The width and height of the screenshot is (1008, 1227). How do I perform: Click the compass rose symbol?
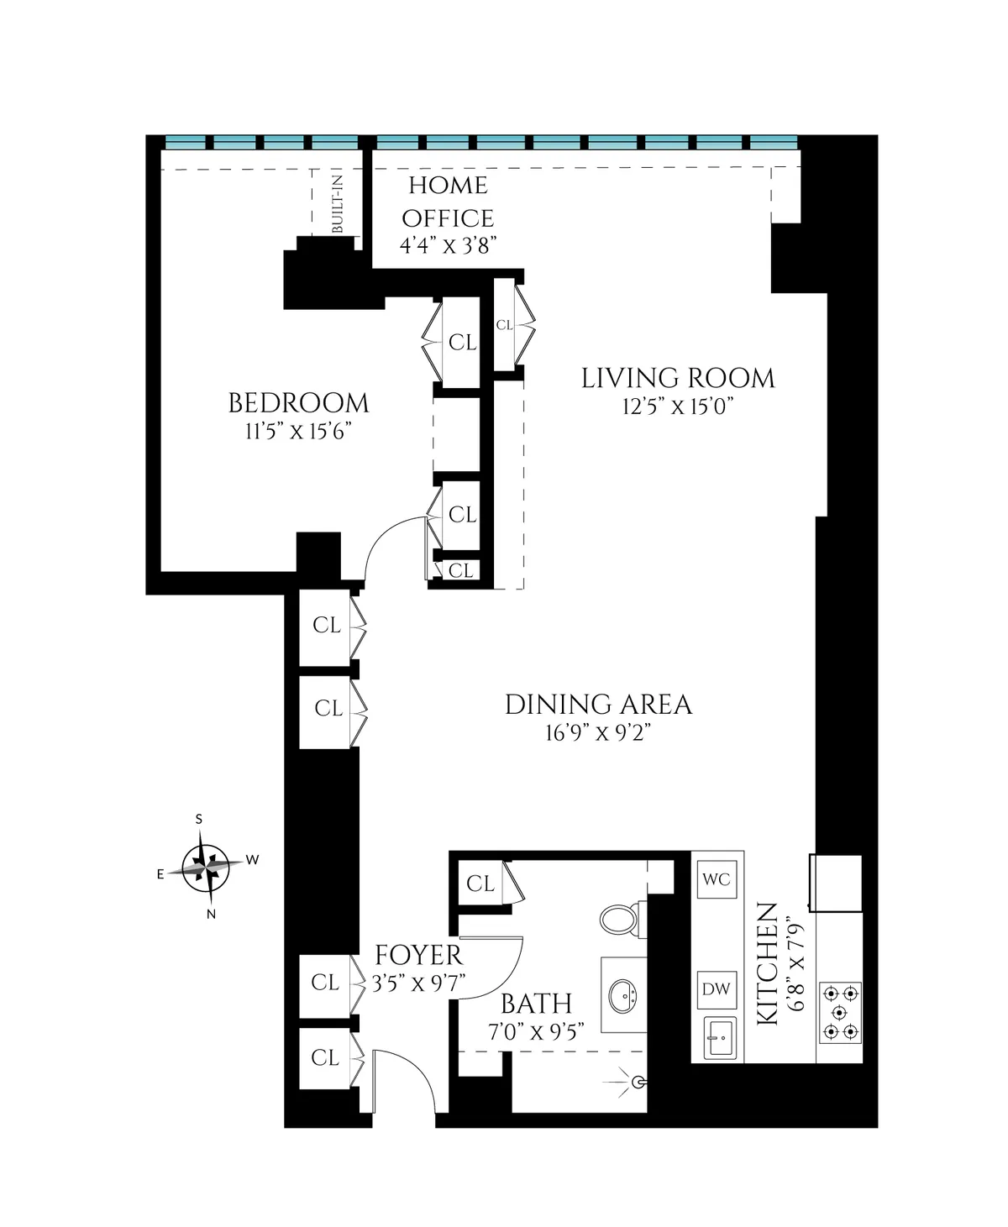coord(205,866)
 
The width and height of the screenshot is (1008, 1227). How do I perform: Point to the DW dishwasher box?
coord(716,989)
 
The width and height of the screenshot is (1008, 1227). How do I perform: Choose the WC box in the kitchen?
coord(716,880)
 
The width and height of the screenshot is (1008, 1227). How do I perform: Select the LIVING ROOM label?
coord(678,379)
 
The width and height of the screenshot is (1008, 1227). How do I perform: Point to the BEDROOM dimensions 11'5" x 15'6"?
coord(298,433)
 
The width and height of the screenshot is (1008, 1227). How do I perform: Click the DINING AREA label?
coord(598,705)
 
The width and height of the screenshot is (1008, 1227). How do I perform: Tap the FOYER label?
coord(418,955)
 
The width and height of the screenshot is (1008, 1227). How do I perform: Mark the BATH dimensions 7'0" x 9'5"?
coord(536,1032)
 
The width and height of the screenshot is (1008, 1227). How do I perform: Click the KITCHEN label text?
coord(766,963)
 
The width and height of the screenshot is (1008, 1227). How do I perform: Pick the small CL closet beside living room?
coord(504,325)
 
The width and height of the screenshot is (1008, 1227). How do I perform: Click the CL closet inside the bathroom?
coord(480,884)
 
